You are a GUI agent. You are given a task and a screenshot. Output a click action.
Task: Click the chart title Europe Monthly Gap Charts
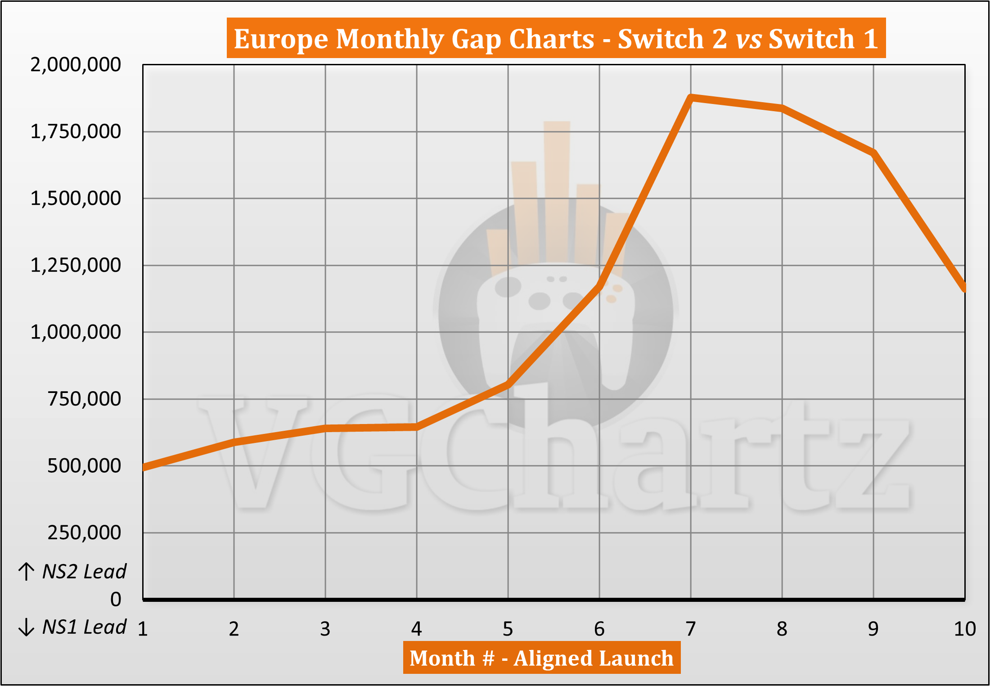414,39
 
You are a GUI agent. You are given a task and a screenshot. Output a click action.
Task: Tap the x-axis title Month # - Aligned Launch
542,658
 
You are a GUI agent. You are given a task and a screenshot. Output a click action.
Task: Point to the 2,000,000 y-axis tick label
76,65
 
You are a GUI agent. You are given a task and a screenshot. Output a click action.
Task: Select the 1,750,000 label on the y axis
76,132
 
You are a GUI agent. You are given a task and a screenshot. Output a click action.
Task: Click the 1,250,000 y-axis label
76,266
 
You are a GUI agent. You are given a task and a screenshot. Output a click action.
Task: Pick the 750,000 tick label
84,399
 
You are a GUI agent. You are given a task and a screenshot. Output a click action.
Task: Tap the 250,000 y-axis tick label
84,533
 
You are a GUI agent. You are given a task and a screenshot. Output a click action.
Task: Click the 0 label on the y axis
116,600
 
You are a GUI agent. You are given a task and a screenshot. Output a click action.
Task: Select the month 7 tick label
691,629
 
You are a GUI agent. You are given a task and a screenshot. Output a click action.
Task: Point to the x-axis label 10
965,629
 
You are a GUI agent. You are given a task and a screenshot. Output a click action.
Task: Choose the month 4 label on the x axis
417,629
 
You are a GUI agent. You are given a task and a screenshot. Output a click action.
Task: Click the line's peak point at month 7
691,97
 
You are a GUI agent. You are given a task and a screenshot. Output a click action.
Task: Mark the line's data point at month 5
508,384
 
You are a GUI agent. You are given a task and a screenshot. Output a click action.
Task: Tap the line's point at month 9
873,153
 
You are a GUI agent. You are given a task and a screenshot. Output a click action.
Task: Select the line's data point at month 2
234,442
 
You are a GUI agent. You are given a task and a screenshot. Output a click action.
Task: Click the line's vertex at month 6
599,285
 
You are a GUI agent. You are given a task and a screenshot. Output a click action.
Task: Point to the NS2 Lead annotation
84,572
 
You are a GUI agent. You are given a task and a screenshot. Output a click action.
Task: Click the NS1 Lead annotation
84,627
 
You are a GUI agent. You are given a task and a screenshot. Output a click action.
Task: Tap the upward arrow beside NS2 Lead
27,572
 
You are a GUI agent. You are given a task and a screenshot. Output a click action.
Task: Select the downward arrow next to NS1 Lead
27,627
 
